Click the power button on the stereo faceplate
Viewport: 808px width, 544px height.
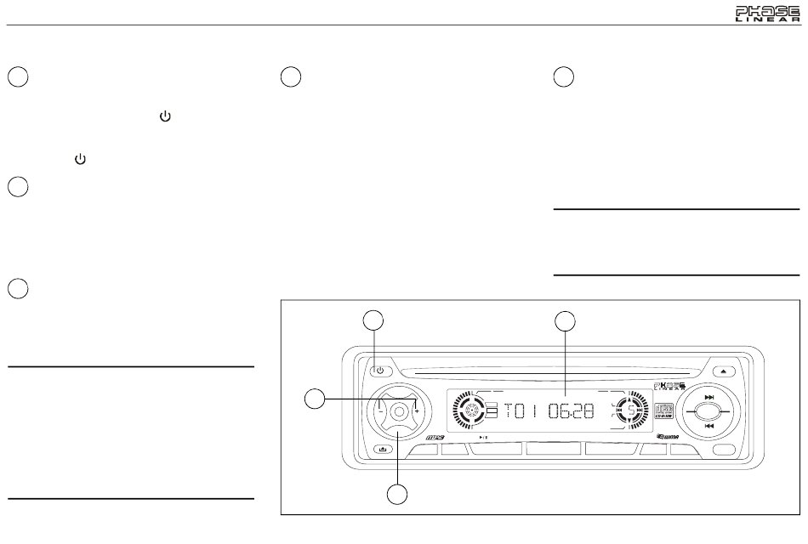pyautogui.click(x=379, y=371)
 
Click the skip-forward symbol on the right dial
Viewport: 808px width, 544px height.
pyautogui.click(x=709, y=394)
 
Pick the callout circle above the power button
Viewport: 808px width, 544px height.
pyautogui.click(x=373, y=320)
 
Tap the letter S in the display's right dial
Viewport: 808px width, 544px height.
pyautogui.click(x=630, y=411)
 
